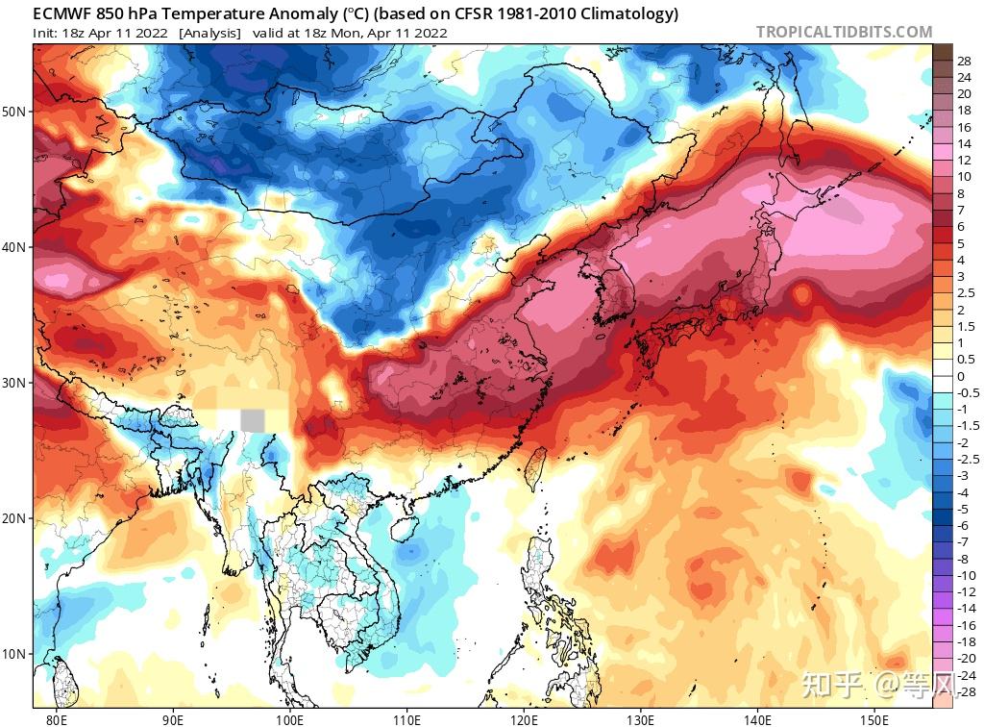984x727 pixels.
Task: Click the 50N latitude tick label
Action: tap(14, 112)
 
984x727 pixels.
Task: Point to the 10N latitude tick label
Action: tap(14, 655)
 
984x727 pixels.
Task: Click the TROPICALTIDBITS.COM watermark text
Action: tap(844, 32)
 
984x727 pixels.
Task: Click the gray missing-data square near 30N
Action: tap(252, 420)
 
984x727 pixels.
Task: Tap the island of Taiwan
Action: tap(536, 468)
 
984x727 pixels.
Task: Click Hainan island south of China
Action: tap(402, 527)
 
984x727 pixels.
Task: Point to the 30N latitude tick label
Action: tap(14, 383)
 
